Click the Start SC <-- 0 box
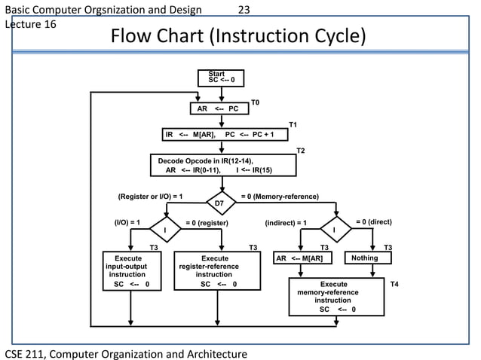click(221, 78)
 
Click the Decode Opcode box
click(223, 165)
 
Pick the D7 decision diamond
click(219, 203)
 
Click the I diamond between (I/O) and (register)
click(164, 229)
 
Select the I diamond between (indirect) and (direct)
click(335, 229)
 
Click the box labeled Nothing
click(371, 258)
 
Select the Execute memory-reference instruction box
click(337, 297)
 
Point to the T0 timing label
click(255, 101)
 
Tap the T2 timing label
click(301, 151)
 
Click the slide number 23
click(244, 10)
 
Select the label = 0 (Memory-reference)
click(279, 197)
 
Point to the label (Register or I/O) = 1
click(151, 197)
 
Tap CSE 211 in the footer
click(26, 352)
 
